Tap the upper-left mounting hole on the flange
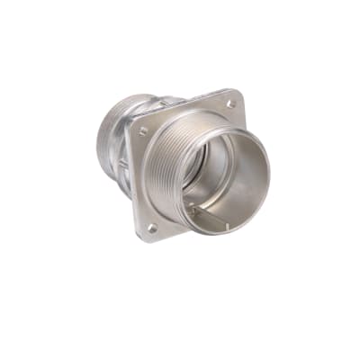pos(143,131)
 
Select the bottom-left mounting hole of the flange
pos(151,228)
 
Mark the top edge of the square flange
pos(184,107)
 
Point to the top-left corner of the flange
pos(131,124)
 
